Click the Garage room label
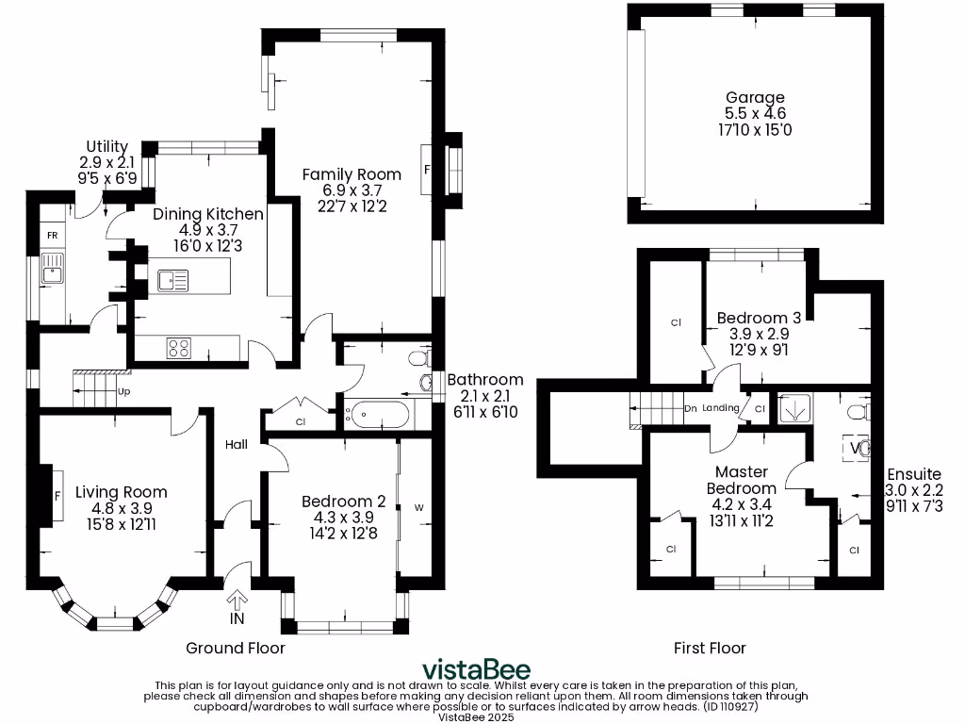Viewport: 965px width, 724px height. pyautogui.click(x=755, y=98)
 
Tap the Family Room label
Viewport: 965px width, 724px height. pyautogui.click(x=352, y=174)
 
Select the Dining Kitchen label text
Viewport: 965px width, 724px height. pyautogui.click(x=208, y=214)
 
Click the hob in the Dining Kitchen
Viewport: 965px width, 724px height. pyautogui.click(x=178, y=347)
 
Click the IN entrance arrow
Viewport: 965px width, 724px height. pyautogui.click(x=237, y=602)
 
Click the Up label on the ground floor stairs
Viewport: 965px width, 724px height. pyautogui.click(x=123, y=390)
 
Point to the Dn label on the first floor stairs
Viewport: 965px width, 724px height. pyautogui.click(x=690, y=408)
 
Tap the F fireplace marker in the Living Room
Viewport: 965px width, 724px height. pyautogui.click(x=57, y=495)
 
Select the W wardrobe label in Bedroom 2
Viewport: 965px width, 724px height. pyautogui.click(x=418, y=508)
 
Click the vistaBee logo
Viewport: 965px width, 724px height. pyautogui.click(x=475, y=668)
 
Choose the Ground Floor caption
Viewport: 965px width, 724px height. pyautogui.click(x=236, y=648)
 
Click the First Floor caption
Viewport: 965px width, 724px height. pyautogui.click(x=710, y=648)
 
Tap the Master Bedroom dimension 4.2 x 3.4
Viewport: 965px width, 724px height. pyautogui.click(x=742, y=505)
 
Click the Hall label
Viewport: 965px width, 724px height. pyautogui.click(x=236, y=444)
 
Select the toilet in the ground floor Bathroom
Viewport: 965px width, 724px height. pyautogui.click(x=418, y=358)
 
